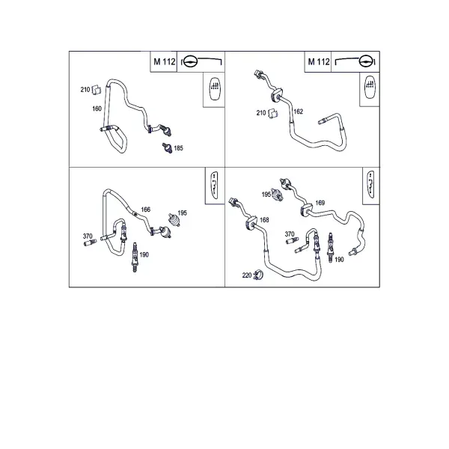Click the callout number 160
[97, 109]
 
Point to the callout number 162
[298, 112]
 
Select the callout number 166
[145, 210]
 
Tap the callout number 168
[264, 220]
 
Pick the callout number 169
[320, 203]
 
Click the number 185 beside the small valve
[178, 148]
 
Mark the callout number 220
[247, 275]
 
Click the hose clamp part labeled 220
[259, 275]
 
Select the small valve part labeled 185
[167, 148]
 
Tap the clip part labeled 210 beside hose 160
[97, 91]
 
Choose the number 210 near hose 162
[261, 113]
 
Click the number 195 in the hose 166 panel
[182, 213]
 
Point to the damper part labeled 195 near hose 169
[277, 195]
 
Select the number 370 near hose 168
[290, 234]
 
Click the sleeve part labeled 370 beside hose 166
[90, 243]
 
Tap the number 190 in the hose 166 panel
[144, 254]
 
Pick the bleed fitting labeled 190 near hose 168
[331, 248]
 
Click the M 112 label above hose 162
[319, 61]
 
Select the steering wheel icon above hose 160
[191, 61]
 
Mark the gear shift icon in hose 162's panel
[370, 87]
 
